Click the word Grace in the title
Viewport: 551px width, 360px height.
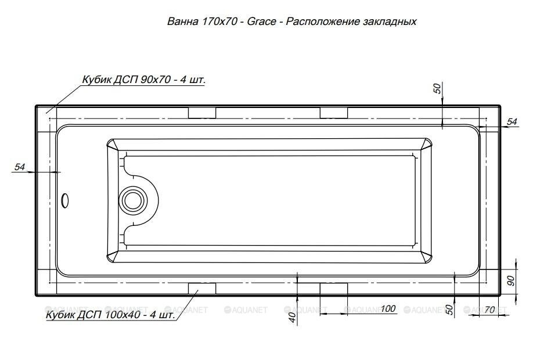260,21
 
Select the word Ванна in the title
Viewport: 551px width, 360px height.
182,21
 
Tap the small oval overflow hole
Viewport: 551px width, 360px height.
65,201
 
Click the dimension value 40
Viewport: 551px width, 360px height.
292,316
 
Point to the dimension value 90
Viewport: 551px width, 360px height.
511,280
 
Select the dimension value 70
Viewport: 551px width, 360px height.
489,310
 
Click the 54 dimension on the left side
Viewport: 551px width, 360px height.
20,167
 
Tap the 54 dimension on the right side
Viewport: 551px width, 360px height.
512,122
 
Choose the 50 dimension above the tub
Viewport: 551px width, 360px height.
437,88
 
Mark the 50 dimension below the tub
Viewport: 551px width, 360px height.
449,309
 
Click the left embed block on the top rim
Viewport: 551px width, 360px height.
202,112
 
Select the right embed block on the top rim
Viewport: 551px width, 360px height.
333,112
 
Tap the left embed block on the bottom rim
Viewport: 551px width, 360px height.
202,289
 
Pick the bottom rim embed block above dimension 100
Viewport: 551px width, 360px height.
333,289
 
